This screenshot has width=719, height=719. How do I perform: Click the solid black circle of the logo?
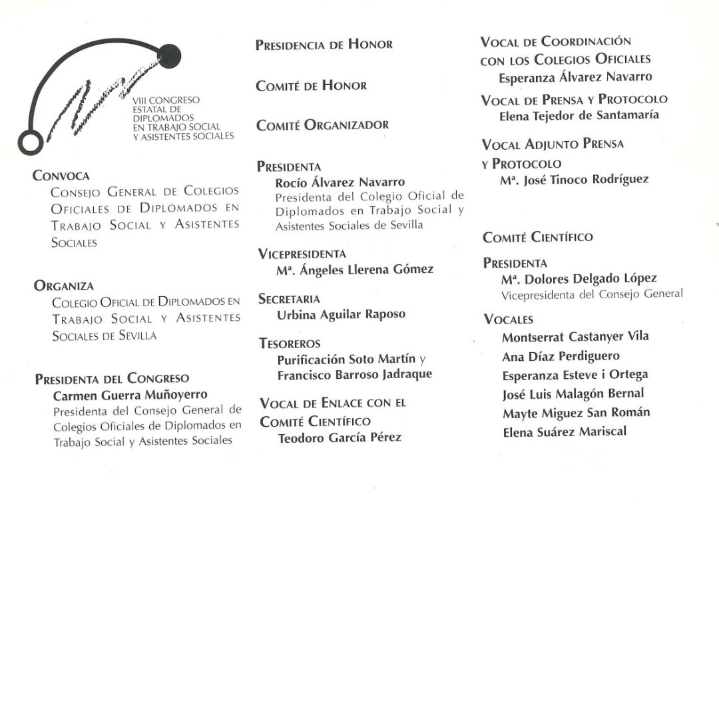point(170,54)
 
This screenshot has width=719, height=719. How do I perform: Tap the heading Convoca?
point(61,176)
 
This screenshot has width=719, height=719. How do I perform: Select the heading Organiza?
point(63,286)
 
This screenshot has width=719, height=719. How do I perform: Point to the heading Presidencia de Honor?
point(324,45)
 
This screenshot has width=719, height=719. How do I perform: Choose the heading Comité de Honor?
point(311,85)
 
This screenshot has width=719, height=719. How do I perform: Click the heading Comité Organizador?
point(322,124)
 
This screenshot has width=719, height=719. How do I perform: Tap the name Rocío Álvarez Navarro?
point(340,182)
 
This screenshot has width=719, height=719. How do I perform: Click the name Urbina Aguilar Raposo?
point(341,314)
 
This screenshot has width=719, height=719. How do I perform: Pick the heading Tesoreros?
point(290,344)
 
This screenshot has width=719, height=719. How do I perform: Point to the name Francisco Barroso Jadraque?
point(354,374)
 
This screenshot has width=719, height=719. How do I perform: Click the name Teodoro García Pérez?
point(340,437)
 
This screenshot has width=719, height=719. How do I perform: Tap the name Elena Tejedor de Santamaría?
point(579,115)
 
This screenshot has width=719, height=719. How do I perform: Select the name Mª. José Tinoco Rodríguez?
point(574,180)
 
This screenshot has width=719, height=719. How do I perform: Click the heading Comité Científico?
point(538,237)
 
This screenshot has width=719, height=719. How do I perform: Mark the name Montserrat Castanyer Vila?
point(575,337)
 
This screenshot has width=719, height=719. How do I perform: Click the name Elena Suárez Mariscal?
point(564,431)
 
